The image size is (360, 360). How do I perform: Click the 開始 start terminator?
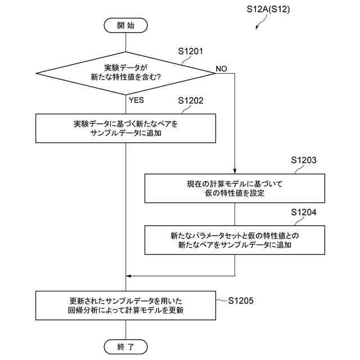click(125, 25)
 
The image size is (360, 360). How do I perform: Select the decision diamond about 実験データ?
click(126, 73)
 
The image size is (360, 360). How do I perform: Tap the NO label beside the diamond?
click(221, 69)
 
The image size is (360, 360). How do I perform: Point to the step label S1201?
click(190, 51)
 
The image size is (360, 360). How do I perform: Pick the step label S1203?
click(304, 160)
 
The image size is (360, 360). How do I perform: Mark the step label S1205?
click(241, 300)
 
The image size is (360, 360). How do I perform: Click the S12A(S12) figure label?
click(268, 10)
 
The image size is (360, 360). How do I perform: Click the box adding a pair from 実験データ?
click(125, 128)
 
